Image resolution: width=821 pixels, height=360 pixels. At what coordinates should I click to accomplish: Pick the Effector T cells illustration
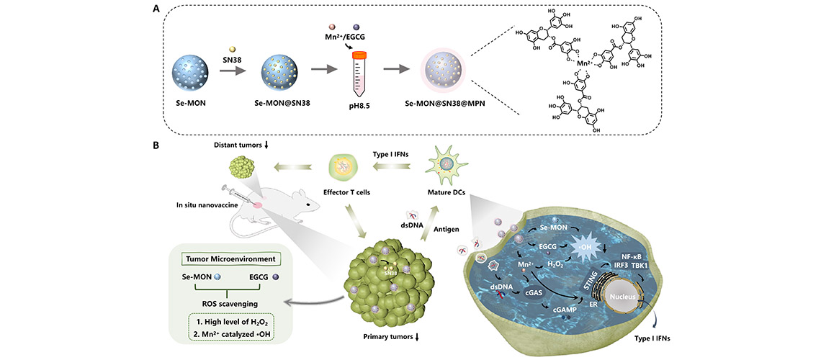pyautogui.click(x=352, y=171)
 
